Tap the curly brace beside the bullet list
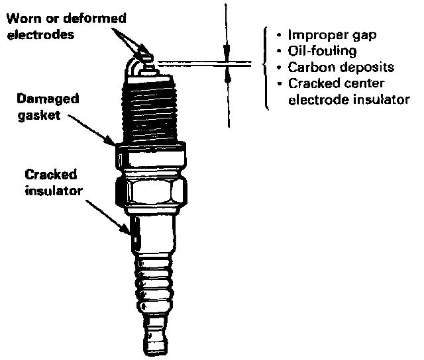pos(266,67)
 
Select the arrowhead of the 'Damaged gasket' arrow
pos(113,142)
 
